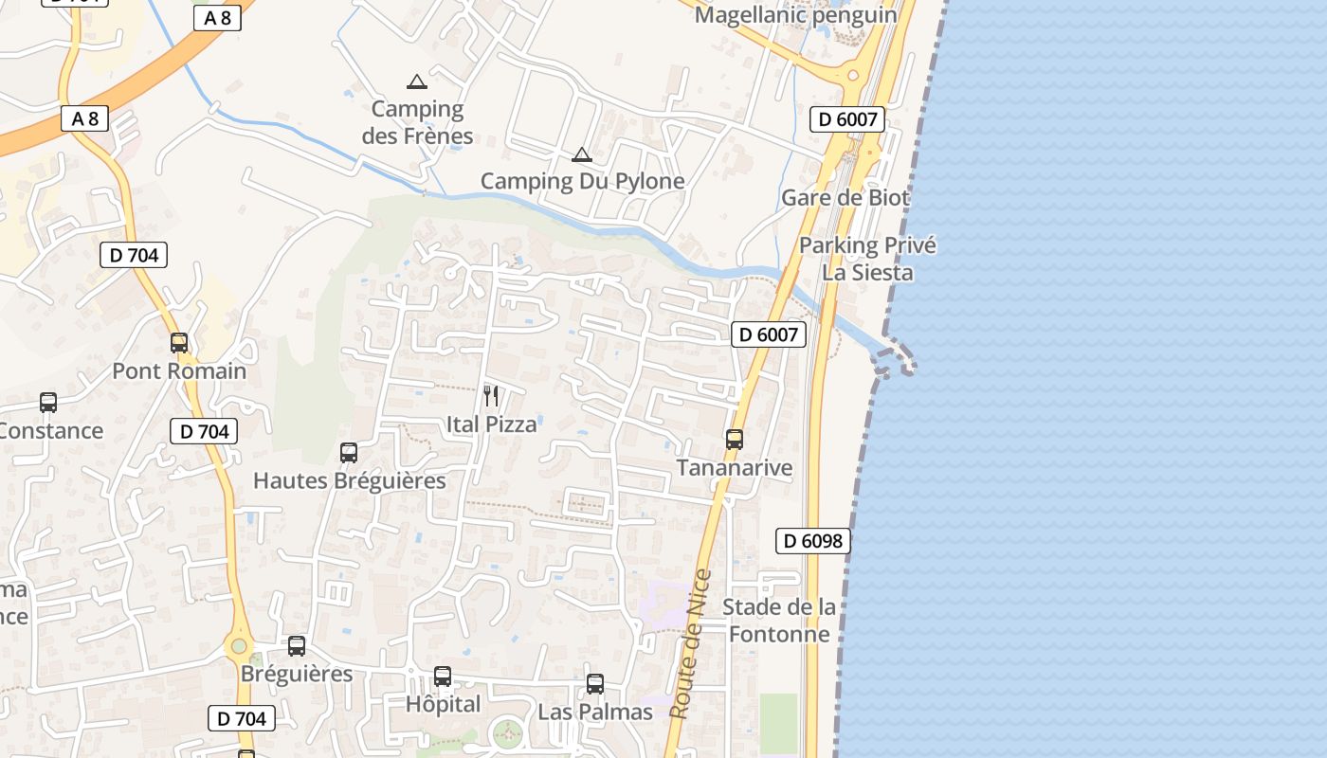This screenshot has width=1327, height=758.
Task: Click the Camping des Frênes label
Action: tap(417, 122)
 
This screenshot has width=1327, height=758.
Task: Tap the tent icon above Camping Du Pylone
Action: tap(582, 154)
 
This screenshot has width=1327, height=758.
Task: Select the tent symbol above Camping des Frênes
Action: tap(417, 81)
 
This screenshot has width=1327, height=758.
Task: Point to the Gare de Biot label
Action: tap(845, 198)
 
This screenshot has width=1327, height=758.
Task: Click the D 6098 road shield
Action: tap(813, 541)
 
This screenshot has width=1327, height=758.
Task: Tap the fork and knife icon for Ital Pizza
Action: tap(491, 396)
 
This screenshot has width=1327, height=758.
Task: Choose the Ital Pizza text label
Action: tap(491, 424)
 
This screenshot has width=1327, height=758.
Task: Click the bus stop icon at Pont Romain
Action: tap(179, 343)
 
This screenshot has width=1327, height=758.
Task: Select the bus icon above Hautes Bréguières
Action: tap(349, 453)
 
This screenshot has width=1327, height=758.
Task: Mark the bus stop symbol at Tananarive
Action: tap(735, 440)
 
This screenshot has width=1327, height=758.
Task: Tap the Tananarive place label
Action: tap(735, 468)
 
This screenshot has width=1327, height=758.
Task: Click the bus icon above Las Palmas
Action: tap(595, 684)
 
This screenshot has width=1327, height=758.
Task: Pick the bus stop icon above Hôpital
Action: tap(443, 677)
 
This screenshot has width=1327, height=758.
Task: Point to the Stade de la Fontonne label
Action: tap(779, 621)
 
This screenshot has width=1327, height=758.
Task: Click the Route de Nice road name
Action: tap(690, 644)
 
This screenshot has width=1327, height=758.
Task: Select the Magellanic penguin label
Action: tap(796, 15)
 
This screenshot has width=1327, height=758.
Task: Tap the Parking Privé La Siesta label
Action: tap(867, 259)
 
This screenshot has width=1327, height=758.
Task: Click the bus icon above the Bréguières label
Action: tap(297, 646)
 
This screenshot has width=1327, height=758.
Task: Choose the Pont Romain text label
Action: tap(179, 371)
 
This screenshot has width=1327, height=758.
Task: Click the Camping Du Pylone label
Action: tap(582, 181)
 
